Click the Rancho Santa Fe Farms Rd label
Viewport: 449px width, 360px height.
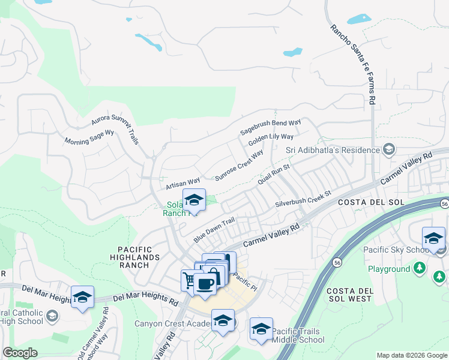coord(353,64)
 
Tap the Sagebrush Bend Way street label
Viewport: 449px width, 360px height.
coord(270,127)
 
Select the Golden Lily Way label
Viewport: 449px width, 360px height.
coord(271,142)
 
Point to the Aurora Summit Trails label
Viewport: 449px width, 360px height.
coord(115,125)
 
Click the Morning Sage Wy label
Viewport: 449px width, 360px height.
coord(89,137)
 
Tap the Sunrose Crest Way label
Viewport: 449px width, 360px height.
coord(239,165)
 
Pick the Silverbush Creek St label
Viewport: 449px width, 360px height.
coord(303,200)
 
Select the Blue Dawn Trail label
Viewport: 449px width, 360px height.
coord(213,230)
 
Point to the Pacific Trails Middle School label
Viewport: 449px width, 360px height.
coord(298,335)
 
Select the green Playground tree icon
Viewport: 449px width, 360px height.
coord(421,268)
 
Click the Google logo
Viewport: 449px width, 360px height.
coord(20,353)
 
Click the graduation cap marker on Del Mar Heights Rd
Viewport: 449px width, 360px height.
coord(83,296)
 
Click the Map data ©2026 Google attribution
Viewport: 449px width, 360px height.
coord(411,355)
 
